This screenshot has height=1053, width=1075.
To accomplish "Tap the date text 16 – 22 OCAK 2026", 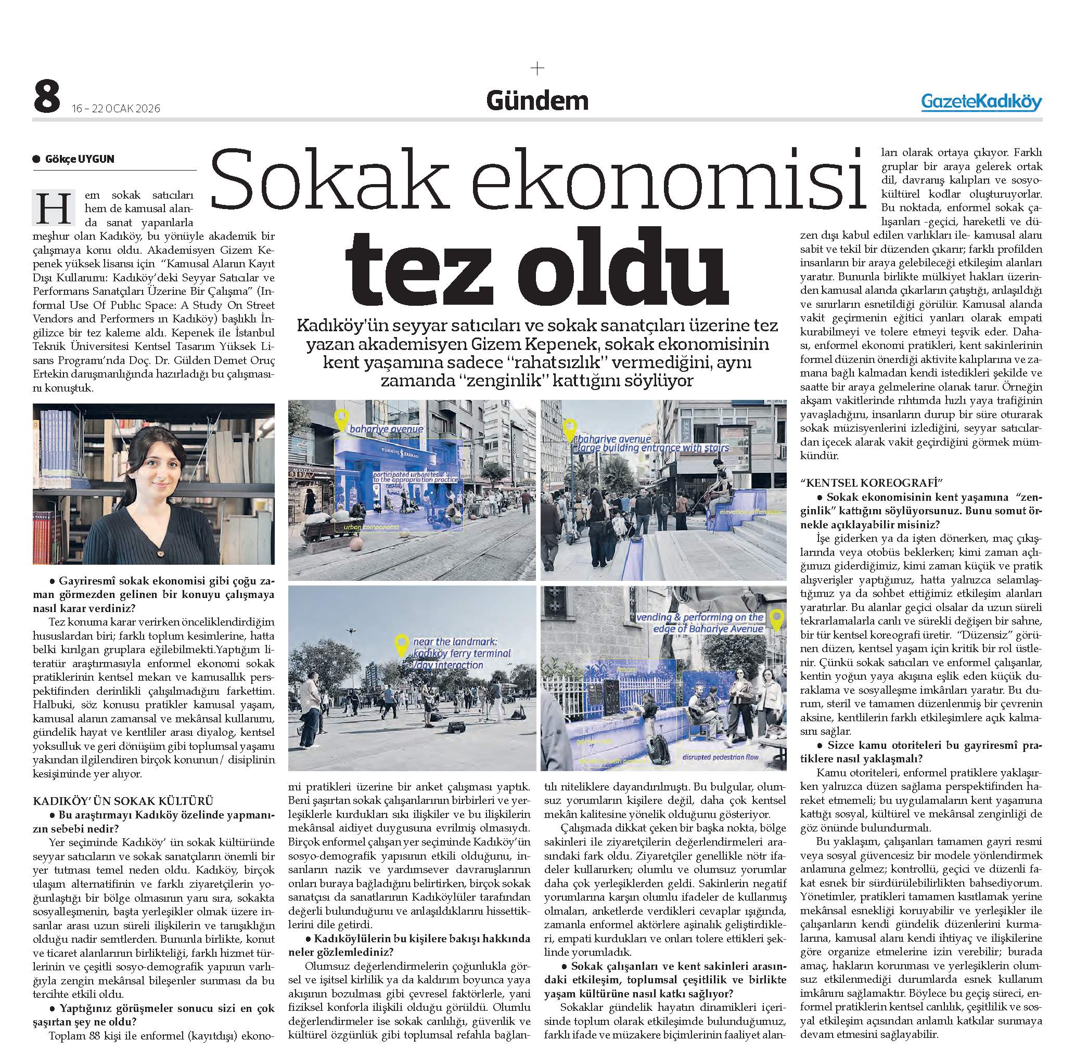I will tap(116, 108).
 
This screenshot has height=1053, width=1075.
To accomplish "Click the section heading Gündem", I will tap(536, 101).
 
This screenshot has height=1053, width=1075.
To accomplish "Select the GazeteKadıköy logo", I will tap(981, 102).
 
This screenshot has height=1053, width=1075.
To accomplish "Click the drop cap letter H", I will tap(53, 208).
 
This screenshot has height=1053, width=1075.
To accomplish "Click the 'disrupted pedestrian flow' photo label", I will tap(721, 757).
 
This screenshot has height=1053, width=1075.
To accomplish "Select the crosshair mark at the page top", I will tap(537, 69).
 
